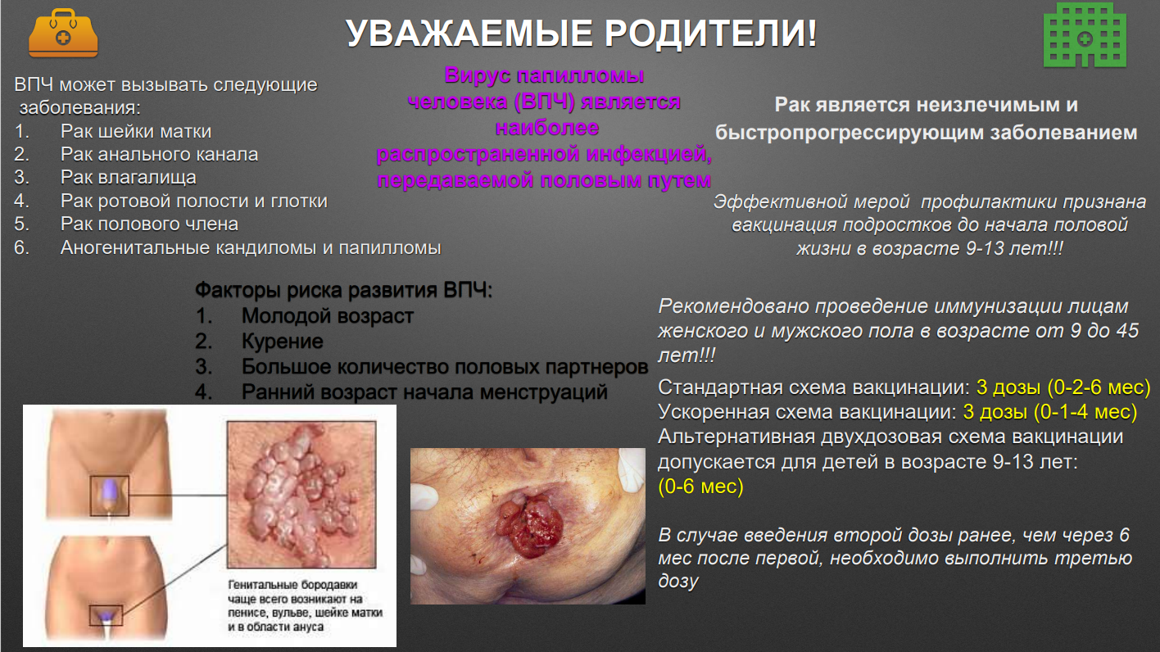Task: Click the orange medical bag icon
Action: (x=62, y=34)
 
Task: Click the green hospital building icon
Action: (x=1085, y=34)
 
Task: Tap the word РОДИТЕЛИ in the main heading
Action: (x=710, y=34)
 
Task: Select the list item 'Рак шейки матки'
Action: (x=136, y=132)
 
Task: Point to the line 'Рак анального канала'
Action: (x=159, y=154)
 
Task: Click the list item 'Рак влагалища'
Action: (x=129, y=178)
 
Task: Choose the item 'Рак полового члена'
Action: (x=149, y=224)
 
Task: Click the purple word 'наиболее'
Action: (x=547, y=128)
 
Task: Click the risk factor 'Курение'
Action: (x=283, y=342)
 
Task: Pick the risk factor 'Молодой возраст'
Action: (x=328, y=316)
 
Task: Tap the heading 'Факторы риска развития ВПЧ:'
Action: (x=343, y=290)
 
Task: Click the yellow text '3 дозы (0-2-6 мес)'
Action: (x=1063, y=387)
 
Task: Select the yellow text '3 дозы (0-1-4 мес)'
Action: (x=1049, y=412)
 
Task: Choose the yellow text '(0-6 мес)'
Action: (x=700, y=487)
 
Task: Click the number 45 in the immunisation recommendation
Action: (x=1127, y=330)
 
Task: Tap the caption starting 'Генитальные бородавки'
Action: (x=305, y=606)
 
